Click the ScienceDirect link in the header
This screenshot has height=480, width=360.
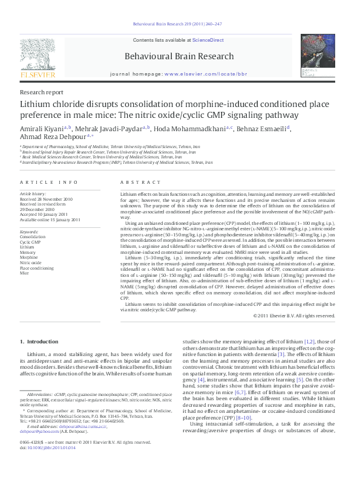(x=208, y=40)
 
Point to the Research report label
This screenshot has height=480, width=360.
(x=41, y=92)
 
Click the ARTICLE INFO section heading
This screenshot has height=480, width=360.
(x=49, y=182)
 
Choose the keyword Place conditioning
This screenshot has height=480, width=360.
(x=37, y=267)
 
